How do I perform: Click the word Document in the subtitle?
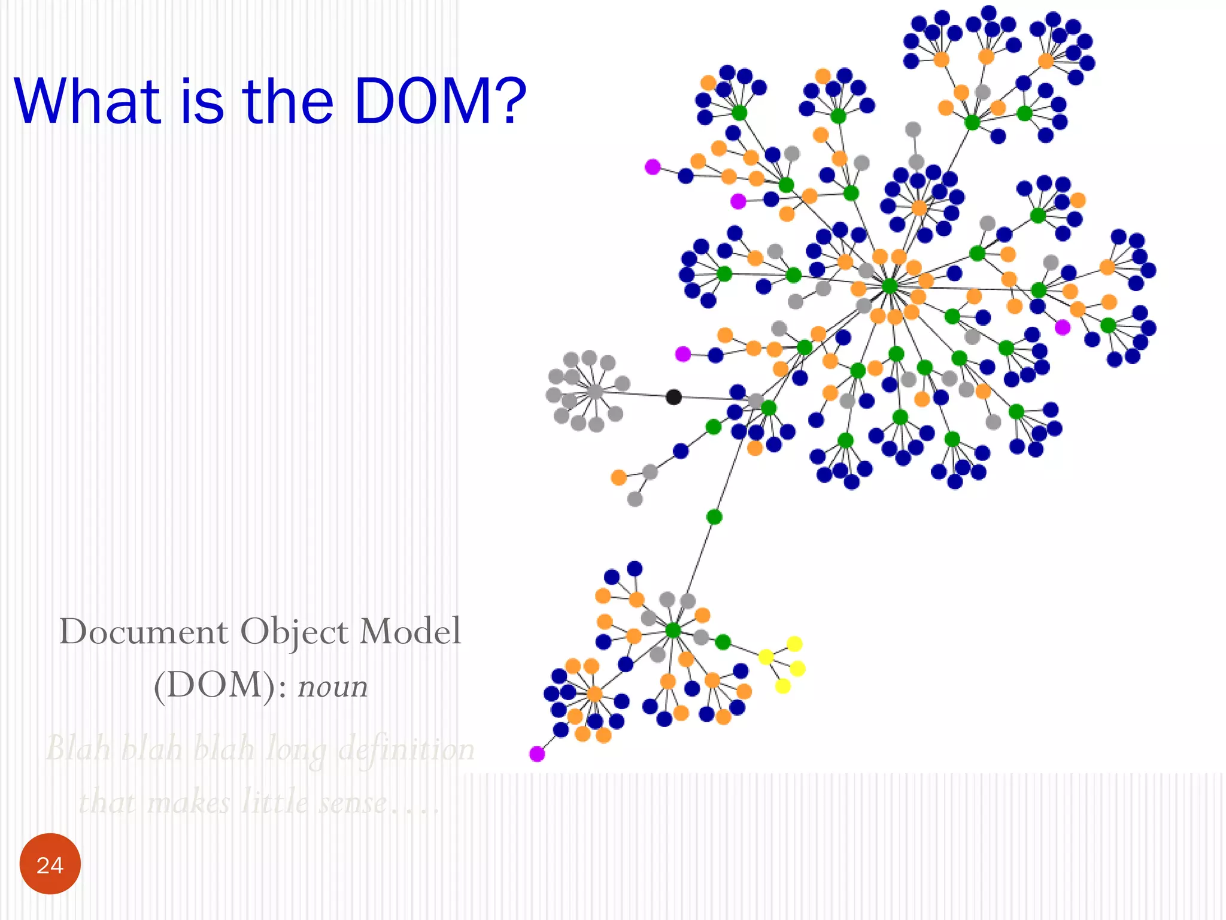tap(144, 632)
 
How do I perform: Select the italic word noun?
tap(333, 686)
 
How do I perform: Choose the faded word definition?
tap(406, 749)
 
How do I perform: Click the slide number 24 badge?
tap(50, 864)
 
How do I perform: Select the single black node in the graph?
tap(673, 397)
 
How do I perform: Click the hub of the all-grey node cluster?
tap(594, 392)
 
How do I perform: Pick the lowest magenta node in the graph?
tap(537, 753)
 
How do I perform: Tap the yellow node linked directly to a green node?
tap(766, 657)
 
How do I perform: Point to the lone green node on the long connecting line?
tap(714, 516)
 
